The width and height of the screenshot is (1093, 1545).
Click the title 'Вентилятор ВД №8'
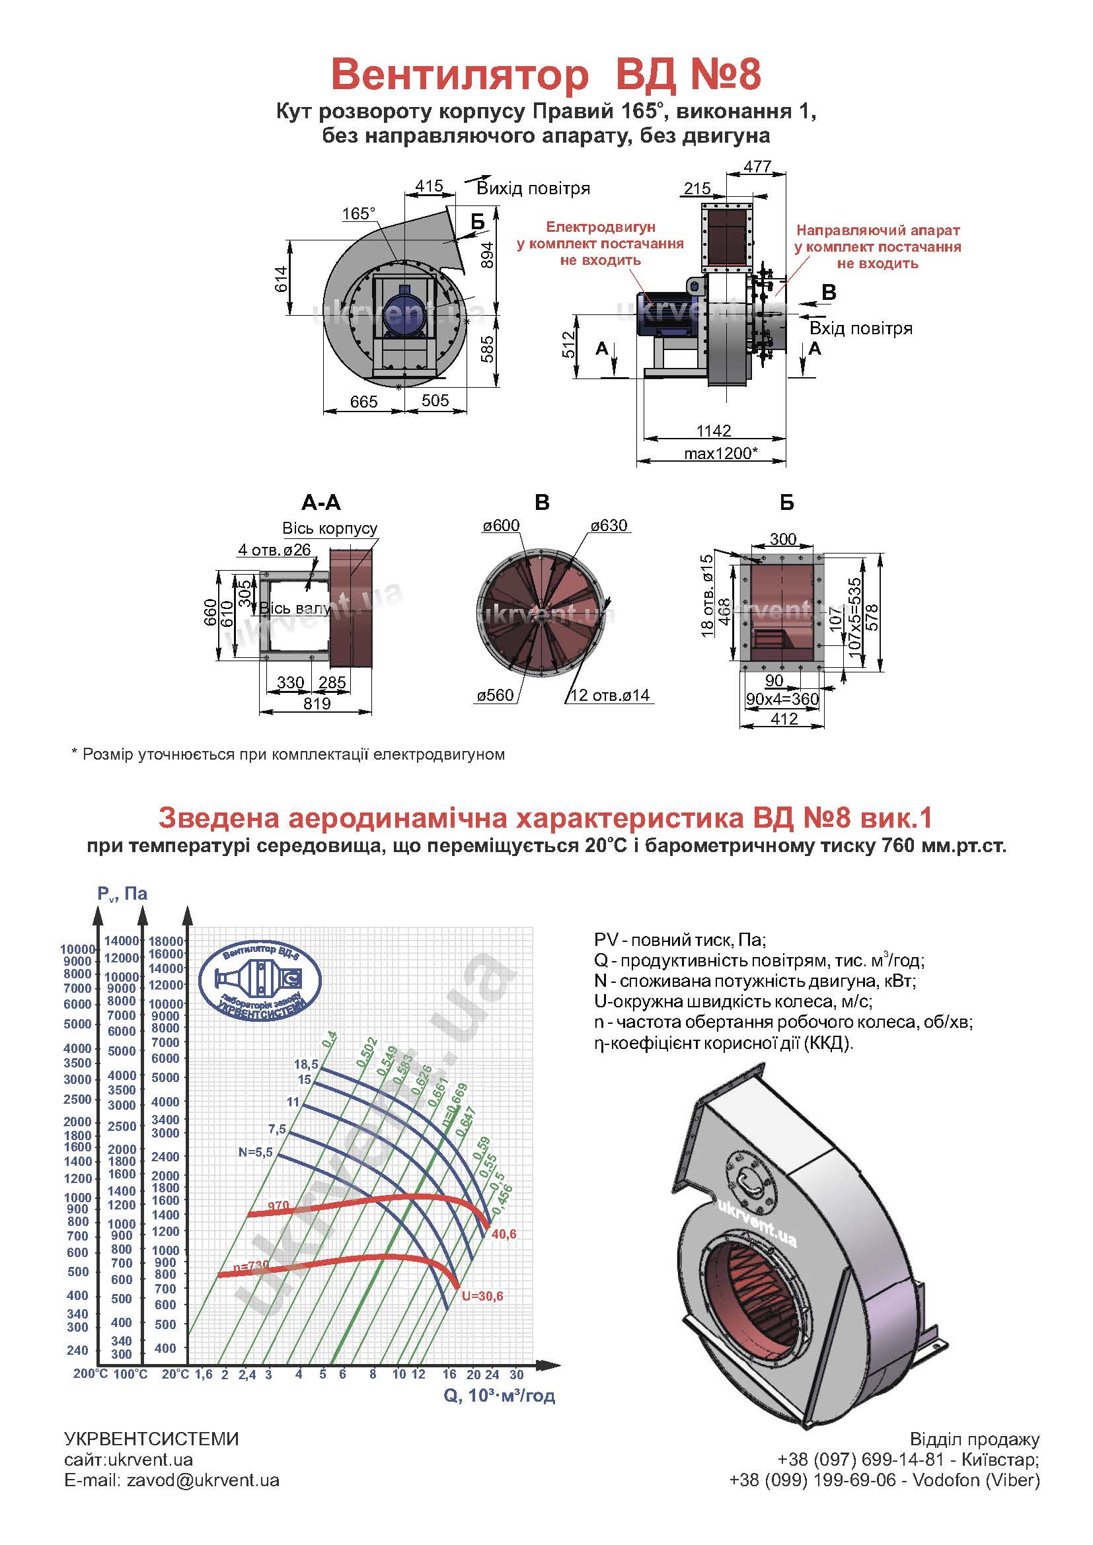pyautogui.click(x=546, y=75)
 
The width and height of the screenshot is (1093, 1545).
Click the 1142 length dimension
pyautogui.click(x=714, y=431)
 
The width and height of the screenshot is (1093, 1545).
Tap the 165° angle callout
pyautogui.click(x=358, y=214)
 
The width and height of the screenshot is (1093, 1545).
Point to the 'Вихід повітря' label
pyautogui.click(x=533, y=188)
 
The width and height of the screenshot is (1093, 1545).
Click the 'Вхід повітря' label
pyautogui.click(x=861, y=329)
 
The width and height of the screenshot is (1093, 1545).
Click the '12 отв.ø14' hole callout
pyautogui.click(x=610, y=695)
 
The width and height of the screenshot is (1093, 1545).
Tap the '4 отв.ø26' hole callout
pyautogui.click(x=274, y=550)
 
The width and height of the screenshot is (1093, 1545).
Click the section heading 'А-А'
pyautogui.click(x=321, y=503)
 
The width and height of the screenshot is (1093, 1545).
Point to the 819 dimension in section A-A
pyautogui.click(x=317, y=704)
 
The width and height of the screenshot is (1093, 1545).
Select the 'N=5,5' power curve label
pyautogui.click(x=255, y=1153)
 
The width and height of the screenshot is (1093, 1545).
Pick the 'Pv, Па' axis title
pyautogui.click(x=122, y=894)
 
